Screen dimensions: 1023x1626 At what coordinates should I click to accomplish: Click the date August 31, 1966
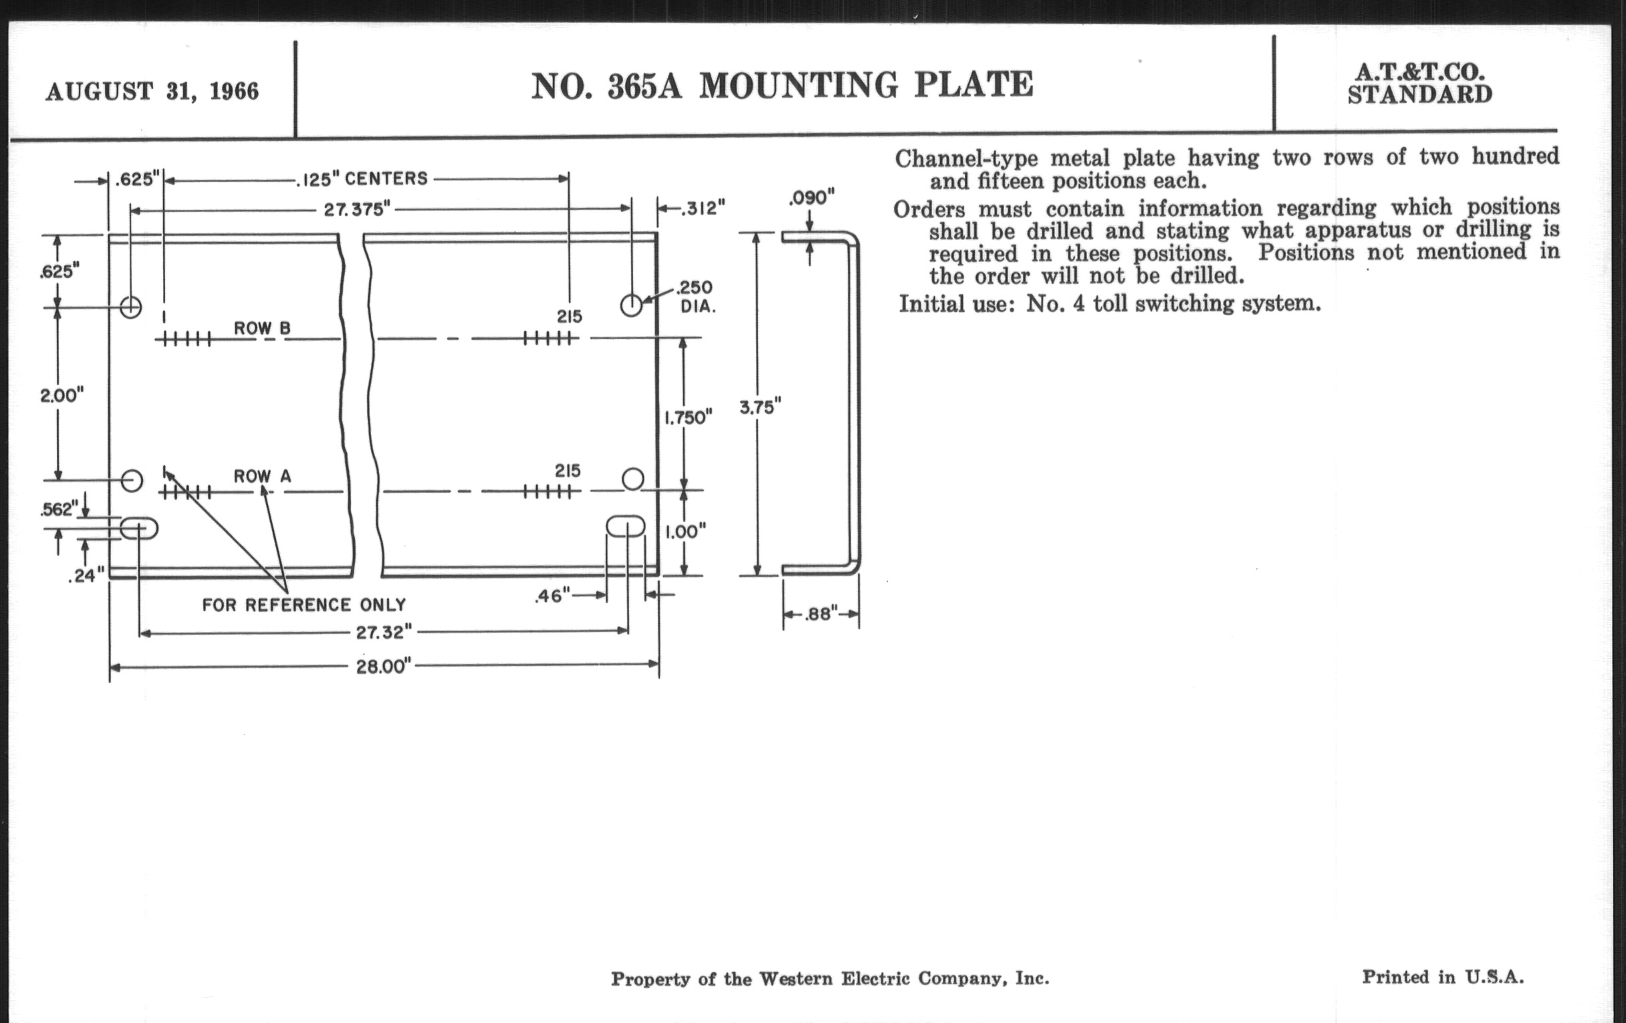tap(152, 91)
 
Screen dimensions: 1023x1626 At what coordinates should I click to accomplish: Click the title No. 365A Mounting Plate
tap(782, 86)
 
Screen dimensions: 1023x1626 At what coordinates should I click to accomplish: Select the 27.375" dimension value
tap(357, 209)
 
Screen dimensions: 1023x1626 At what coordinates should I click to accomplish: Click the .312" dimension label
tap(703, 209)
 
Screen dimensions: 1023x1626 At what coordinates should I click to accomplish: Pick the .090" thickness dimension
tap(812, 198)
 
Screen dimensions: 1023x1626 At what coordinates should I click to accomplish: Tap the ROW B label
tap(262, 328)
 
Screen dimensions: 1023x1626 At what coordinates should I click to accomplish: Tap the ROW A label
tap(262, 476)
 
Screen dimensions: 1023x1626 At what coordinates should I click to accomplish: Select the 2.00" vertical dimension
tap(62, 395)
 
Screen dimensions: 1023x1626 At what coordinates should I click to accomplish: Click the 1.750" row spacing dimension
tap(688, 418)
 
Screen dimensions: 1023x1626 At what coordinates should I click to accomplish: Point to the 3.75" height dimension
tap(760, 407)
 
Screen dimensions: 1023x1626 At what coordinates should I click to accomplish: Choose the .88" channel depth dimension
tap(820, 614)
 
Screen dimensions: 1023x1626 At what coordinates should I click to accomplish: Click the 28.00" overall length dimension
tap(383, 667)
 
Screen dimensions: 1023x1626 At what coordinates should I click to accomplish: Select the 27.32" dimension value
tap(384, 633)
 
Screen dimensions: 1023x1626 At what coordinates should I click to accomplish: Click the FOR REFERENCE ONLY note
tap(304, 605)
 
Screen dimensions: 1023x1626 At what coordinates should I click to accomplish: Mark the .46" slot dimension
tap(552, 596)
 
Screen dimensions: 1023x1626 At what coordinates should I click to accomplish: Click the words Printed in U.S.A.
tap(1442, 977)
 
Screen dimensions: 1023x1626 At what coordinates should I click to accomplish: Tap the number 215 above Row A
tap(567, 471)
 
